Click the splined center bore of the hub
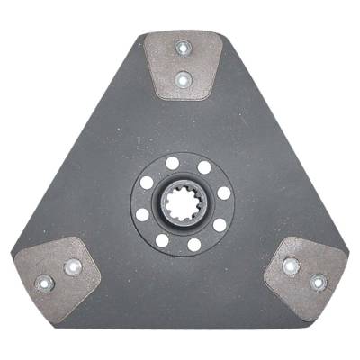coord(184,204)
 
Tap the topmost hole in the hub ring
coord(173,164)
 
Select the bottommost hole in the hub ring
coord(193,245)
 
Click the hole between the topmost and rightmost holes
coord(204,167)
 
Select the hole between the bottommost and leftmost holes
coord(162,240)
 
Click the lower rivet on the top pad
coord(184,80)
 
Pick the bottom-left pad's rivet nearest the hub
coord(73,266)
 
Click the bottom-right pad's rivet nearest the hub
coord(290,265)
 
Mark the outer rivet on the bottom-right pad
coord(318,282)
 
